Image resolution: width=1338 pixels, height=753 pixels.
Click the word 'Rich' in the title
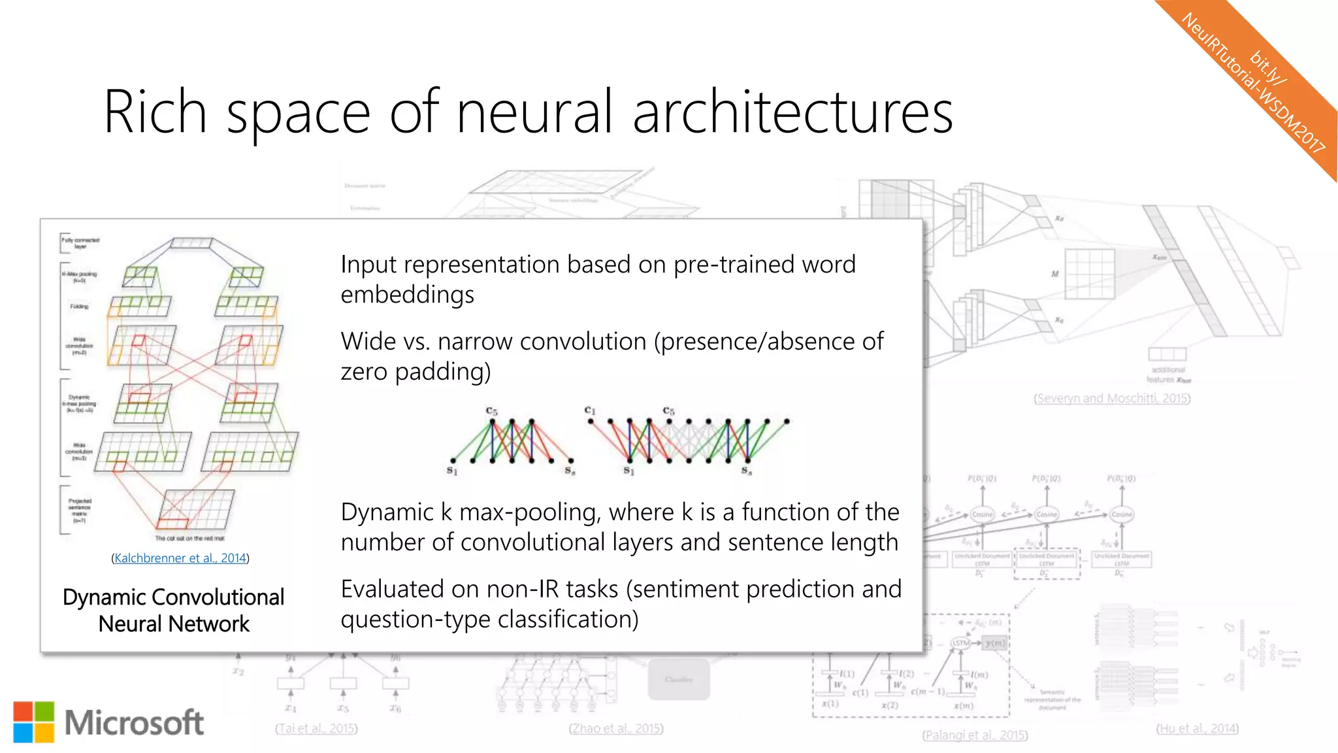(155, 112)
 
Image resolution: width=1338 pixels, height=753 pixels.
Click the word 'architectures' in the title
(792, 112)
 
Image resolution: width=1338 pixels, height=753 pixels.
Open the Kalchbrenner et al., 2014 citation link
(180, 558)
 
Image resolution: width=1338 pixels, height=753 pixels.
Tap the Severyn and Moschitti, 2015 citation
(1112, 398)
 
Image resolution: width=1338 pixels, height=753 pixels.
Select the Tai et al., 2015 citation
(316, 728)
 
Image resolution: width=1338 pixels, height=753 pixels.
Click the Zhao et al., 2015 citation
(615, 728)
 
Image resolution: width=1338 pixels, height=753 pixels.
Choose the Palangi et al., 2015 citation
(975, 735)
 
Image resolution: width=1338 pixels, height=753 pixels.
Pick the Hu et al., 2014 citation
(1197, 728)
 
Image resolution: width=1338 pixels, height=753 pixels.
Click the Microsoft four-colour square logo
(34, 722)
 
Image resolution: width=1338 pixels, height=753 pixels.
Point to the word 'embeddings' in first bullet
(407, 295)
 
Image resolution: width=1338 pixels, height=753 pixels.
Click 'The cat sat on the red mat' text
(189, 539)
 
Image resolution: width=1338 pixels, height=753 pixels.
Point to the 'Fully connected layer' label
(80, 243)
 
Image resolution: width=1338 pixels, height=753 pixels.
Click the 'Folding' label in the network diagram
(79, 307)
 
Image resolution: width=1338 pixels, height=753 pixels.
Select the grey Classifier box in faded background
(678, 680)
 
